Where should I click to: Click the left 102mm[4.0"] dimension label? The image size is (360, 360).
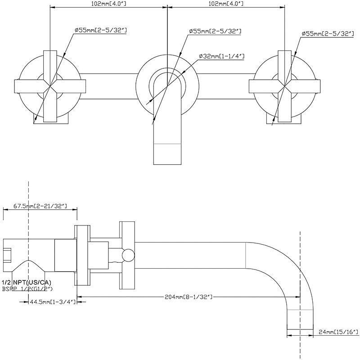tap(108, 4)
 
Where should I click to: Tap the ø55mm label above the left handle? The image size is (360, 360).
tap(101, 31)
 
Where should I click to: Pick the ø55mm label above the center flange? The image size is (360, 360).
tap(215, 31)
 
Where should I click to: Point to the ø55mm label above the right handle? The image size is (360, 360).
tap(327, 33)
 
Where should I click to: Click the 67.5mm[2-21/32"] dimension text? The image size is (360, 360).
tap(40, 206)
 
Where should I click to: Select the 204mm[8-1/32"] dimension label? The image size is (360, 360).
tap(189, 297)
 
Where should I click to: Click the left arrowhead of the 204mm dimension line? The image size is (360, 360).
tap(79, 297)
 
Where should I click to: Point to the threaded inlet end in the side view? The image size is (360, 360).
tap(8, 254)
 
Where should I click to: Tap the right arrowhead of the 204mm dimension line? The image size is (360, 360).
tap(298, 297)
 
